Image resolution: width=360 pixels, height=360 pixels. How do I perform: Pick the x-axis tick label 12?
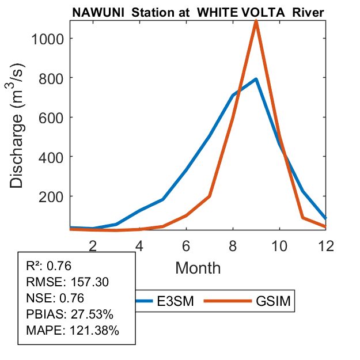tap(325, 246)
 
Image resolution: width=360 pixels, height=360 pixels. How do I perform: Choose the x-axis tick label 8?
tap(233, 246)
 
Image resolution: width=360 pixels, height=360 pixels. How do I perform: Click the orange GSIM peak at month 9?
tap(256, 22)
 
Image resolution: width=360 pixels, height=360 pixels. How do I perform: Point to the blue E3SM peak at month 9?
tap(255, 79)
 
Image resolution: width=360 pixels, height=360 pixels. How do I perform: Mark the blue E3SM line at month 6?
tap(186, 170)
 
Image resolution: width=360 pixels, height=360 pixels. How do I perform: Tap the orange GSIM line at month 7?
tap(209, 196)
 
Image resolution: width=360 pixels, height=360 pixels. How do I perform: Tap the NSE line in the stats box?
tap(55, 298)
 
